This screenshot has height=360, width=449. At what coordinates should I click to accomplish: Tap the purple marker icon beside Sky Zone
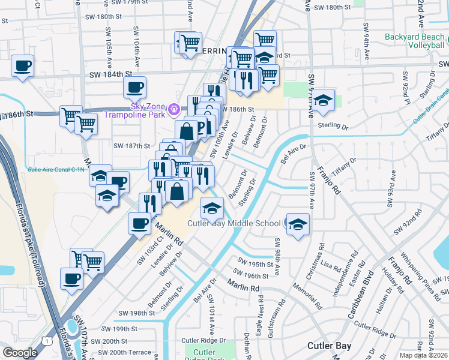(x=174, y=109)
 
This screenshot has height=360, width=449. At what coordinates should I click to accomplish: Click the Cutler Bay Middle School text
(x=234, y=224)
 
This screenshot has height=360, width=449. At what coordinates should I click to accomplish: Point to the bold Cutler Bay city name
(x=328, y=346)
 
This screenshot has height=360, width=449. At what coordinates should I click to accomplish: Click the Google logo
(x=20, y=353)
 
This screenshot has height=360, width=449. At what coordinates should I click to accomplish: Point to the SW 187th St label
(x=131, y=146)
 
